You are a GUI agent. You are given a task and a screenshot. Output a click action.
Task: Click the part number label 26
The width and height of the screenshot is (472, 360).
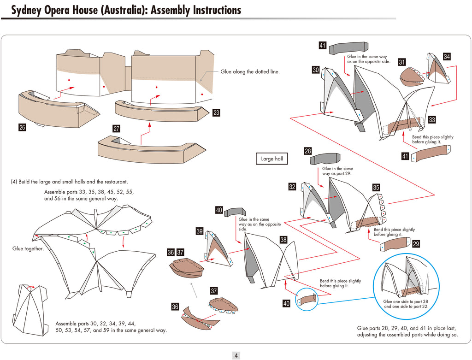[22, 128]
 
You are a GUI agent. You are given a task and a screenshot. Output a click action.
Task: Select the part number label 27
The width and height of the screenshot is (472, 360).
[117, 129]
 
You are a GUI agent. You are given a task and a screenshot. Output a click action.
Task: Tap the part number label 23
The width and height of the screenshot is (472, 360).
[216, 112]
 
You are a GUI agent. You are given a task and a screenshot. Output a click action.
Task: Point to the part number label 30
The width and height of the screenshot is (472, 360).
[316, 70]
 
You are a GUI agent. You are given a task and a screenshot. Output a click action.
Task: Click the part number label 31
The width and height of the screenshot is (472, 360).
[402, 62]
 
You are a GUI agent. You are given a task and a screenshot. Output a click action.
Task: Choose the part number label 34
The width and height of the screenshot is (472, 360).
[447, 56]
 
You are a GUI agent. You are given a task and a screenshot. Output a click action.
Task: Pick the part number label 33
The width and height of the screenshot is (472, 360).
[432, 120]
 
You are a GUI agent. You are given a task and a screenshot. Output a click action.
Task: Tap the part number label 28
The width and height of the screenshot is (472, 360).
[308, 151]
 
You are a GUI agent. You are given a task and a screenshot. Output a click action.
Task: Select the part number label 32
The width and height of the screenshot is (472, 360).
[292, 187]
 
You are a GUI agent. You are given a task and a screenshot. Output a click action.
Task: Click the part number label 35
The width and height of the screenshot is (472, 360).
[376, 188]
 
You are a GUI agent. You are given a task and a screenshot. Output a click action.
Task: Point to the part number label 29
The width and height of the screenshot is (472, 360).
[416, 244]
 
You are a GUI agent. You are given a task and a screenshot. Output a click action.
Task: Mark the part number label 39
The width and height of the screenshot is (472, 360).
[200, 231]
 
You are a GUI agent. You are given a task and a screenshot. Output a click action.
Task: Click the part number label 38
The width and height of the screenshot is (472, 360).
[283, 240]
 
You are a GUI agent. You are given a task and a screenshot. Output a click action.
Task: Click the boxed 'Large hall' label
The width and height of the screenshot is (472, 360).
[271, 159]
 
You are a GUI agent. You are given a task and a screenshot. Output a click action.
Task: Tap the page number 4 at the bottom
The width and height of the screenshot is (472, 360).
[236, 355]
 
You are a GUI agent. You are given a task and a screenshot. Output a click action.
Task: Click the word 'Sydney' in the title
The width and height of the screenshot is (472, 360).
[28, 10]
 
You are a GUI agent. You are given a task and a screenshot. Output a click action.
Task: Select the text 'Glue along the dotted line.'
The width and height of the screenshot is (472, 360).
[250, 71]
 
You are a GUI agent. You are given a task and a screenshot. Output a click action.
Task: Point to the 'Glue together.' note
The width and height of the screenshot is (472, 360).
[28, 249]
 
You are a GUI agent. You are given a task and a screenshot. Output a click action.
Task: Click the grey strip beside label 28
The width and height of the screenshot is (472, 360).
[325, 159]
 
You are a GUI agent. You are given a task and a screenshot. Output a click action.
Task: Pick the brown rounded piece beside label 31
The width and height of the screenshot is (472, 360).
[411, 77]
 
